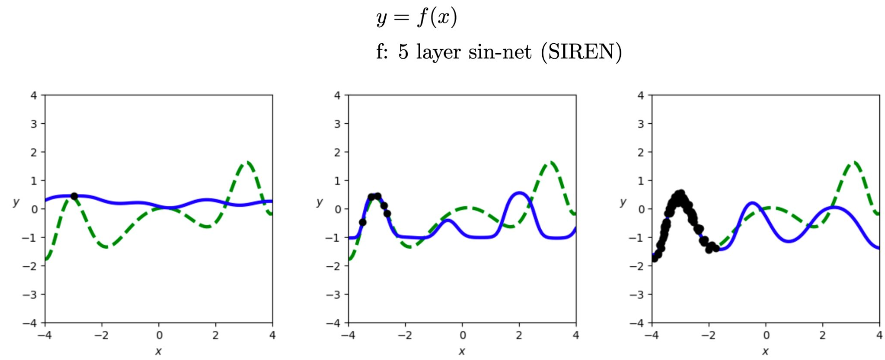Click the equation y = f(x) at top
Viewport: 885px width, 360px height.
[416, 18]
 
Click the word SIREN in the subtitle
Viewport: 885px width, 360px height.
[581, 52]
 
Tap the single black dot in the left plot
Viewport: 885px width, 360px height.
[74, 196]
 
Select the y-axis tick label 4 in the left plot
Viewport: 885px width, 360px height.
[34, 95]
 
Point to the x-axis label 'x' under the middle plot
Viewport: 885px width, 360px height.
[462, 351]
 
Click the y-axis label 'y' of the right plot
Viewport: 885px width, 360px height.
[623, 202]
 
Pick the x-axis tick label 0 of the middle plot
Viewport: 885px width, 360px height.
[463, 335]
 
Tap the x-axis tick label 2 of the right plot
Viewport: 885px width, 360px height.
[822, 335]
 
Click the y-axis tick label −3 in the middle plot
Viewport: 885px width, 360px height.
[334, 294]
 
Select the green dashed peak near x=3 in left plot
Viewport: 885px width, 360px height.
[248, 162]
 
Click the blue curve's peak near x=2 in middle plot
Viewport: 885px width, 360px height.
[519, 193]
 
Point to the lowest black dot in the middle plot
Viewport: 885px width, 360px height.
[362, 222]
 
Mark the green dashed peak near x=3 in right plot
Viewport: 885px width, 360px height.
[854, 162]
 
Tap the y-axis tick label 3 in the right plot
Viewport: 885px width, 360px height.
[640, 123]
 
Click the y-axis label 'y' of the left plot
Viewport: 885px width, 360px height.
[17, 202]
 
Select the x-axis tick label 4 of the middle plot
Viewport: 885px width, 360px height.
[576, 335]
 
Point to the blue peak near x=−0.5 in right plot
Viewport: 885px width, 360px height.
[751, 203]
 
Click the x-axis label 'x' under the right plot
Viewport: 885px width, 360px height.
[765, 351]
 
